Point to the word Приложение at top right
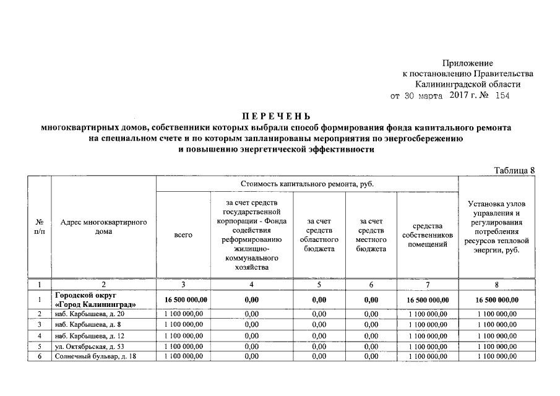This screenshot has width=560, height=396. click(x=468, y=63)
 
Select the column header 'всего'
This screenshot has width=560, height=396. click(x=183, y=235)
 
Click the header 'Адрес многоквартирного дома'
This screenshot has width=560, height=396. click(x=103, y=227)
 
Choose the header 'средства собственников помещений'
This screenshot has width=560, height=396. click(x=428, y=235)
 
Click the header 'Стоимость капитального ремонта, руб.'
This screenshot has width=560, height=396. click(x=307, y=184)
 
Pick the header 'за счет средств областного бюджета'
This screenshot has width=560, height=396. click(x=318, y=235)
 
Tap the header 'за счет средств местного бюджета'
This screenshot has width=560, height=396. click(x=371, y=235)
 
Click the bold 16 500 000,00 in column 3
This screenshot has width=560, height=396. click(x=183, y=300)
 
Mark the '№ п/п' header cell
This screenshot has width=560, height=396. click(x=39, y=227)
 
